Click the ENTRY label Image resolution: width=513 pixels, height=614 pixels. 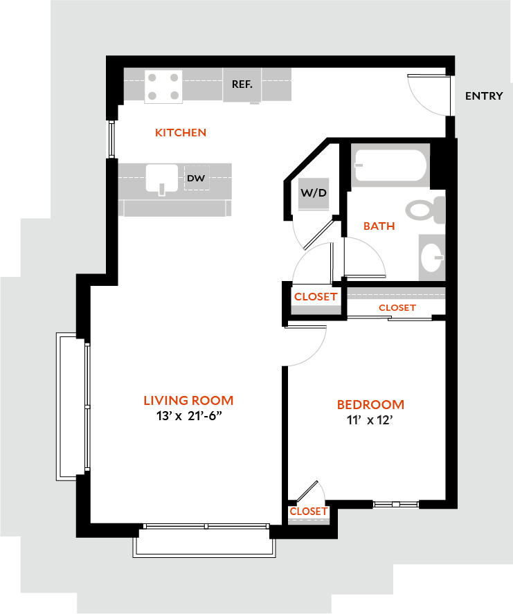(484, 96)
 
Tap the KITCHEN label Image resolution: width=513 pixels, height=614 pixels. (181, 132)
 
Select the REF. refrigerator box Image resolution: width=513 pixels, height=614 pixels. (242, 84)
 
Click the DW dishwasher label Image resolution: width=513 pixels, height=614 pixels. (196, 179)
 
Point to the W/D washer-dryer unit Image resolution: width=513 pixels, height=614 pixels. (314, 193)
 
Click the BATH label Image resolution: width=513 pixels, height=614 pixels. (379, 226)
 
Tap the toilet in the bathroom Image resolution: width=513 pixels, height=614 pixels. (424, 210)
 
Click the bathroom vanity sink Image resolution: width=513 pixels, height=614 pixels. (431, 257)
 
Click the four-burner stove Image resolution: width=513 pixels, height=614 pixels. (164, 87)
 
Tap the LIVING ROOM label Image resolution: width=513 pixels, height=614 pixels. (188, 400)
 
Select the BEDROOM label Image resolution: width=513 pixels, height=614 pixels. (370, 404)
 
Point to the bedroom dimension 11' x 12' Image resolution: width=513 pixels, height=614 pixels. (370, 420)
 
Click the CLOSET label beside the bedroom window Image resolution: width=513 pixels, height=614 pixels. (309, 511)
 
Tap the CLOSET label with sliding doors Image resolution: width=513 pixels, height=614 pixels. (397, 307)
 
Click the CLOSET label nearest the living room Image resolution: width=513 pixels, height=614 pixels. (316, 296)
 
